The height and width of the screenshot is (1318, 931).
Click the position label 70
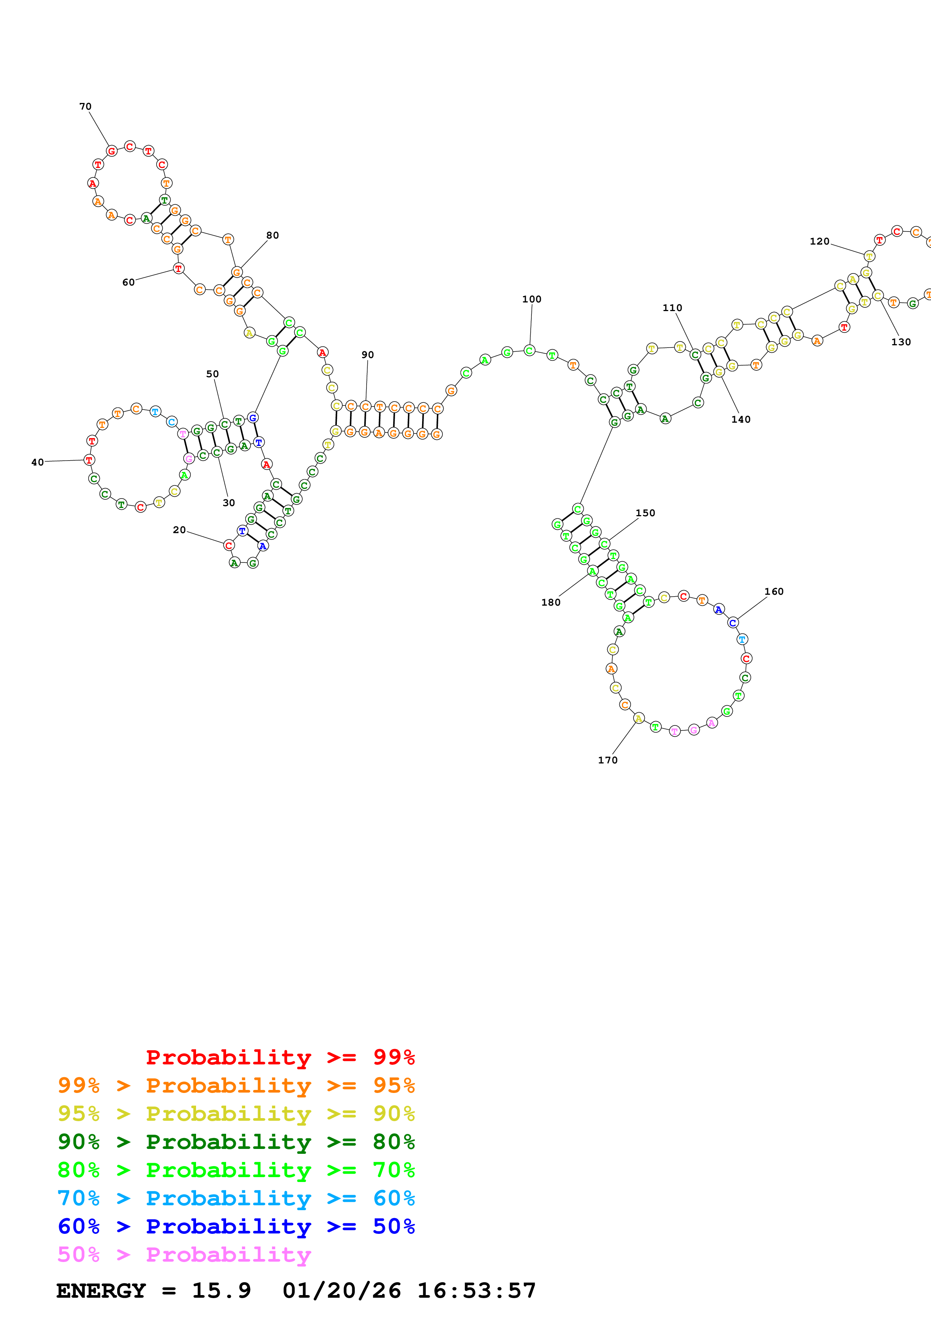[x=85, y=106]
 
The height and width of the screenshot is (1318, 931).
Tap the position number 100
[x=531, y=299]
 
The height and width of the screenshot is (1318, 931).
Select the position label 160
[x=773, y=591]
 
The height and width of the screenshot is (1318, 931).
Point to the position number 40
[x=37, y=462]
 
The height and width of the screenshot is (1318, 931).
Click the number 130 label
[x=901, y=342]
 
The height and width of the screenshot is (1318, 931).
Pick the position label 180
[x=551, y=602]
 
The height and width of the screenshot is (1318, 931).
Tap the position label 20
[x=179, y=530]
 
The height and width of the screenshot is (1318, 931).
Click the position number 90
[x=368, y=355]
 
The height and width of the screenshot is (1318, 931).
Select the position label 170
[x=608, y=760]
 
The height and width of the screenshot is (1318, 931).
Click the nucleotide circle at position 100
[x=529, y=350]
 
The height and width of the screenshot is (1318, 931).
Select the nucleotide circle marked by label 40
[x=89, y=460]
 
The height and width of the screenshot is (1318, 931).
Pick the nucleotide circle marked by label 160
[x=733, y=622]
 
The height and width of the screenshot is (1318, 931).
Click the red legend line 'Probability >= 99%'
[x=280, y=1057]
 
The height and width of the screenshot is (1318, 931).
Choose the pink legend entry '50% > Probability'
[x=184, y=1254]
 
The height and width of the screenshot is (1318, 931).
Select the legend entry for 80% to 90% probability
[x=236, y=1142]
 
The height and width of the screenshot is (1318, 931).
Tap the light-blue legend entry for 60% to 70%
[x=236, y=1198]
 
